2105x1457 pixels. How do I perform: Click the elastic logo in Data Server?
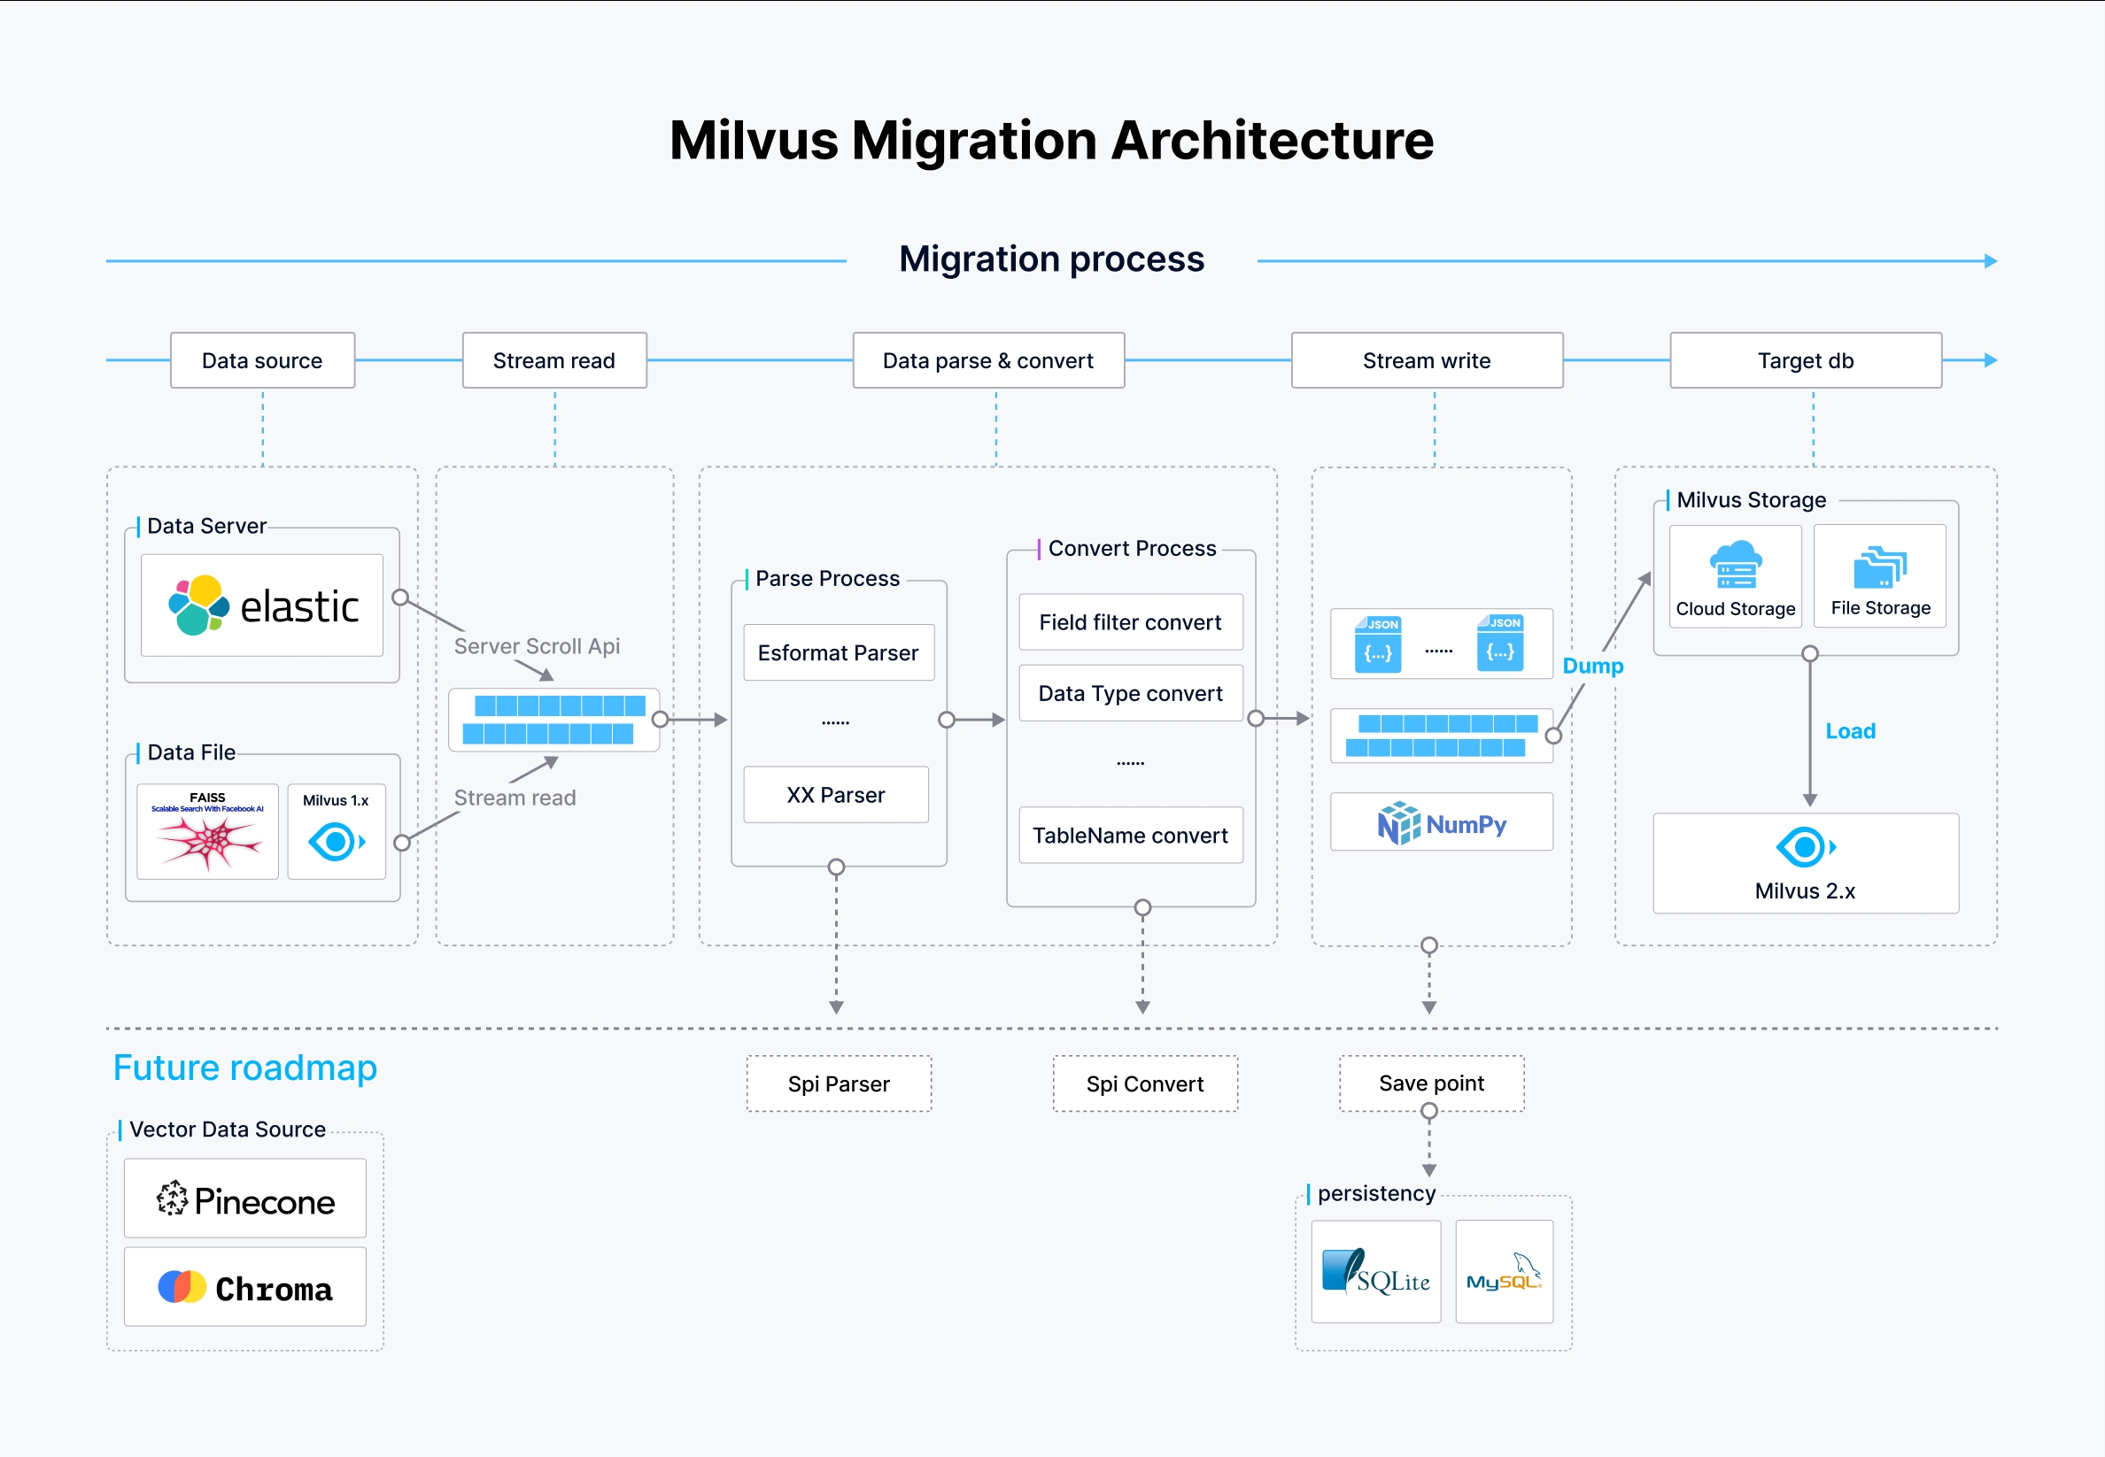(x=262, y=605)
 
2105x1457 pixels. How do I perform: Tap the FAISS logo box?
(x=207, y=832)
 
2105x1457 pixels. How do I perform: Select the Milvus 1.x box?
(x=336, y=832)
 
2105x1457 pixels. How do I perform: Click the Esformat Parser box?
(x=839, y=652)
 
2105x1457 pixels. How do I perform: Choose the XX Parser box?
(x=836, y=795)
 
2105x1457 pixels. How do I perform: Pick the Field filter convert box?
(x=1131, y=622)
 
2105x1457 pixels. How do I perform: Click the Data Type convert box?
(x=1131, y=694)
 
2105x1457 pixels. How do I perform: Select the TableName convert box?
(x=1131, y=836)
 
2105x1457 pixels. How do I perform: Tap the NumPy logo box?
(x=1441, y=822)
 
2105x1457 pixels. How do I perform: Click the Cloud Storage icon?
(x=1735, y=565)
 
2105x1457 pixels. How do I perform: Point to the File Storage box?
(x=1879, y=576)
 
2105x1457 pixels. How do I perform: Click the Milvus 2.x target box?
(x=1806, y=864)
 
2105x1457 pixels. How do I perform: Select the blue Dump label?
(x=1592, y=666)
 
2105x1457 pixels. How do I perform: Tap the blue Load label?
(x=1850, y=731)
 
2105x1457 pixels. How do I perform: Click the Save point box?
(x=1431, y=1083)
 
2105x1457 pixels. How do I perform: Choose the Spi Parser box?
(x=839, y=1083)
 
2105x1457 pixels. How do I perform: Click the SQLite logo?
(x=1375, y=1272)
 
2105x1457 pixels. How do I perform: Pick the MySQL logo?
(x=1504, y=1272)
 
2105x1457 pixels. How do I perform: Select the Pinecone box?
(x=244, y=1199)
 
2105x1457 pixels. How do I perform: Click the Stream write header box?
(x=1427, y=360)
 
